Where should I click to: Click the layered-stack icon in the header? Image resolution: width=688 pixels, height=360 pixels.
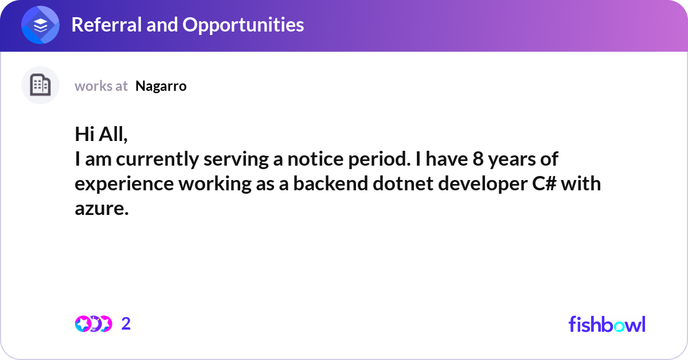(x=40, y=25)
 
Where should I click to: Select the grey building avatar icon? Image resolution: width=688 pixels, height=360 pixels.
(x=40, y=85)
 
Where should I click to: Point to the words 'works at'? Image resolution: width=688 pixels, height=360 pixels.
(x=101, y=86)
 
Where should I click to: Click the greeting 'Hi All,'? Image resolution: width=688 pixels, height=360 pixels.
(x=101, y=135)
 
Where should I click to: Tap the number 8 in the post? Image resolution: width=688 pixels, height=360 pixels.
(x=478, y=159)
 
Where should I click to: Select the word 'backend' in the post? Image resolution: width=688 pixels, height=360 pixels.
(x=330, y=183)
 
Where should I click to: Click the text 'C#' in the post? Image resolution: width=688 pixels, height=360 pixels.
(x=544, y=183)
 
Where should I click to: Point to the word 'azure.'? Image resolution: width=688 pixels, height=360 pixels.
(x=101, y=209)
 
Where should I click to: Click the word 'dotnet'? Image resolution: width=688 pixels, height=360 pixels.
(x=403, y=183)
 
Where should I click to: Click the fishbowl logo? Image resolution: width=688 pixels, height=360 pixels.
(x=607, y=324)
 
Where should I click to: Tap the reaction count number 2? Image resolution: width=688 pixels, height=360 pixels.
(x=126, y=324)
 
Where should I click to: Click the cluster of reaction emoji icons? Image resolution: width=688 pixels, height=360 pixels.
(x=93, y=324)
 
